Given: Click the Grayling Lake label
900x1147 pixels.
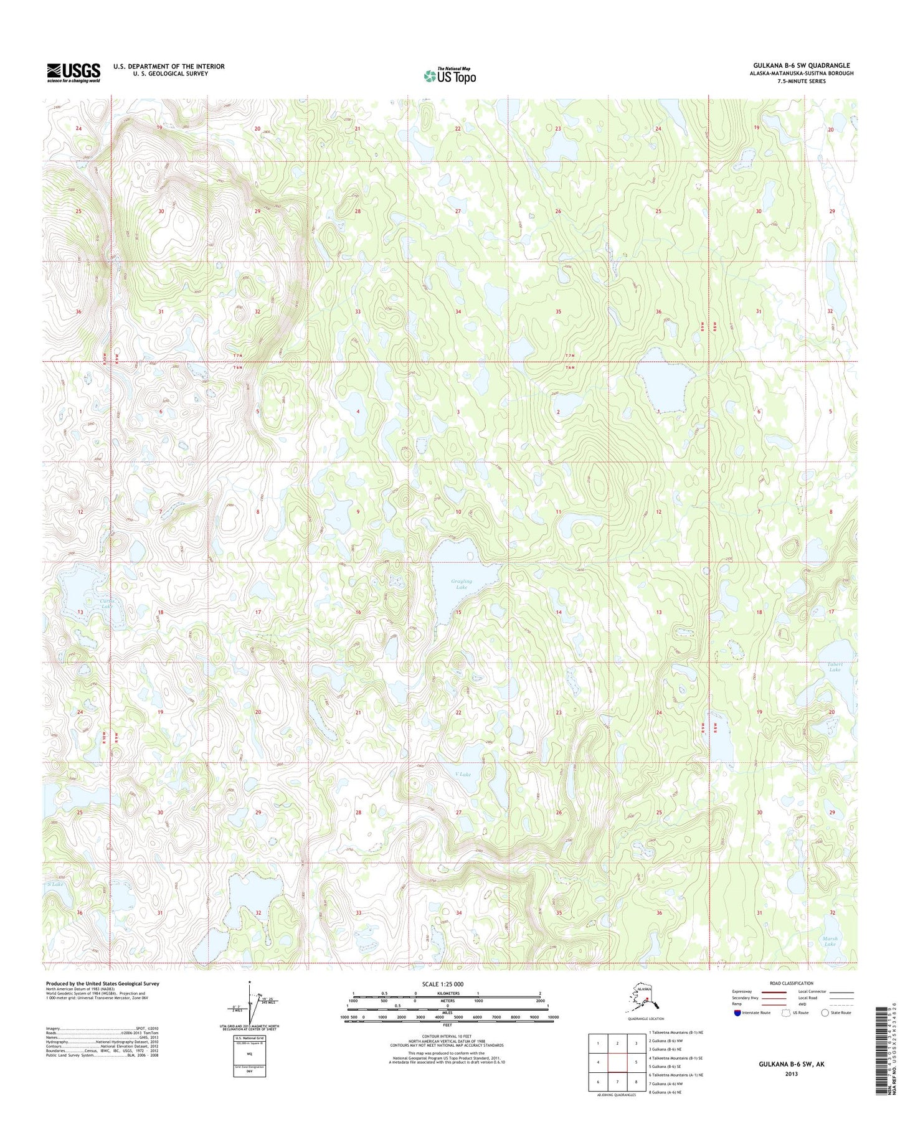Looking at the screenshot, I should (x=461, y=584).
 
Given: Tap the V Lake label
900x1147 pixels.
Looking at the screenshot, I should (x=463, y=774).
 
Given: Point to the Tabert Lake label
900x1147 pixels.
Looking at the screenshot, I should (x=835, y=667).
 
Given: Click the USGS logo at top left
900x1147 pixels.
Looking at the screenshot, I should (x=73, y=73).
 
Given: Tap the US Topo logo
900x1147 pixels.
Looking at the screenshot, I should (x=450, y=75).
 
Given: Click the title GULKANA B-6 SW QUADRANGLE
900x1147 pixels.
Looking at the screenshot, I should (x=801, y=65).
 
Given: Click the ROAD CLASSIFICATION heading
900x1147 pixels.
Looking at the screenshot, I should (x=791, y=983).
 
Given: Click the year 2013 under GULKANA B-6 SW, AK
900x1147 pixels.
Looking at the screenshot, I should (x=791, y=1074).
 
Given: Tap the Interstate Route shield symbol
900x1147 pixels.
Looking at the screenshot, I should (x=737, y=1012).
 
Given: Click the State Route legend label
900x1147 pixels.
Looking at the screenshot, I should (x=840, y=1012).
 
